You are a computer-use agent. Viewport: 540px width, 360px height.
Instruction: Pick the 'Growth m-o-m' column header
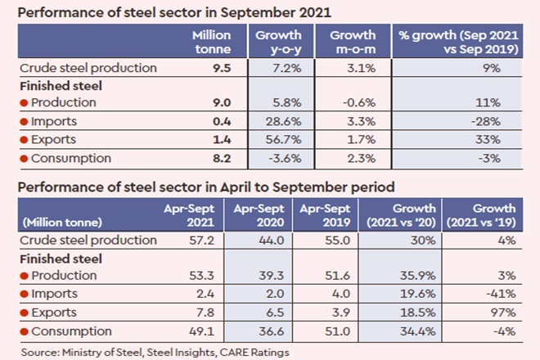(x=353, y=43)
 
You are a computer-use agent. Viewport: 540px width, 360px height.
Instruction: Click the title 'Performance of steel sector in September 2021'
(x=171, y=12)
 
